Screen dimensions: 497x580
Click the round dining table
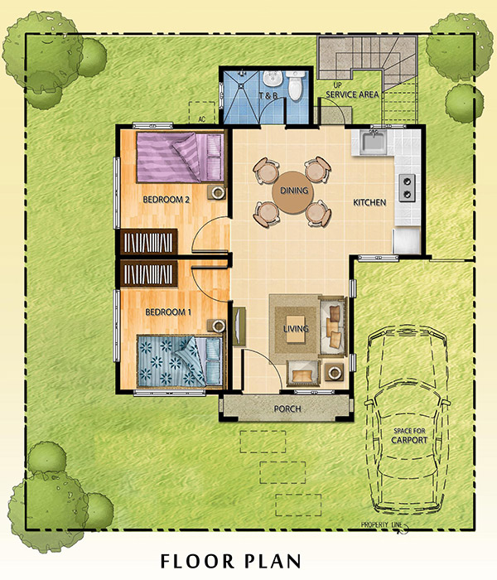pos(293,192)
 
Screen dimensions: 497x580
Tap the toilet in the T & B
pos(296,85)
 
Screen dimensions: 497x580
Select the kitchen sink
pos(374,142)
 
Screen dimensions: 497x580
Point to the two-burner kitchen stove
pos(407,188)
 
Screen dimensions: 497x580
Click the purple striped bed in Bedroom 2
pos(180,157)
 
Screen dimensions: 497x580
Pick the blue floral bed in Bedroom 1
pos(180,361)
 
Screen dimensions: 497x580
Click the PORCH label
pos(287,408)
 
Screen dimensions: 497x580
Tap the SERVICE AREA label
pos(352,94)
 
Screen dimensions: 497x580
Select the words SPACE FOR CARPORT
pos(409,436)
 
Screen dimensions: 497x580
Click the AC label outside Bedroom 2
pos(201,119)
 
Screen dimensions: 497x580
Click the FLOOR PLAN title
pos(230,561)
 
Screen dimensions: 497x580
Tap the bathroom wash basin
pos(273,78)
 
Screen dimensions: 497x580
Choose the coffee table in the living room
pos(296,328)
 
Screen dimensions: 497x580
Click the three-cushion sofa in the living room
pos(333,326)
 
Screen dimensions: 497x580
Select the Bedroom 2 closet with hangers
pos(148,242)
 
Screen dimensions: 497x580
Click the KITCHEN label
pos(369,202)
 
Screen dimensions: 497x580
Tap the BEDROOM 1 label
pos(168,312)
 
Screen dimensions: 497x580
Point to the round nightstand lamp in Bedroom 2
pos(217,192)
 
